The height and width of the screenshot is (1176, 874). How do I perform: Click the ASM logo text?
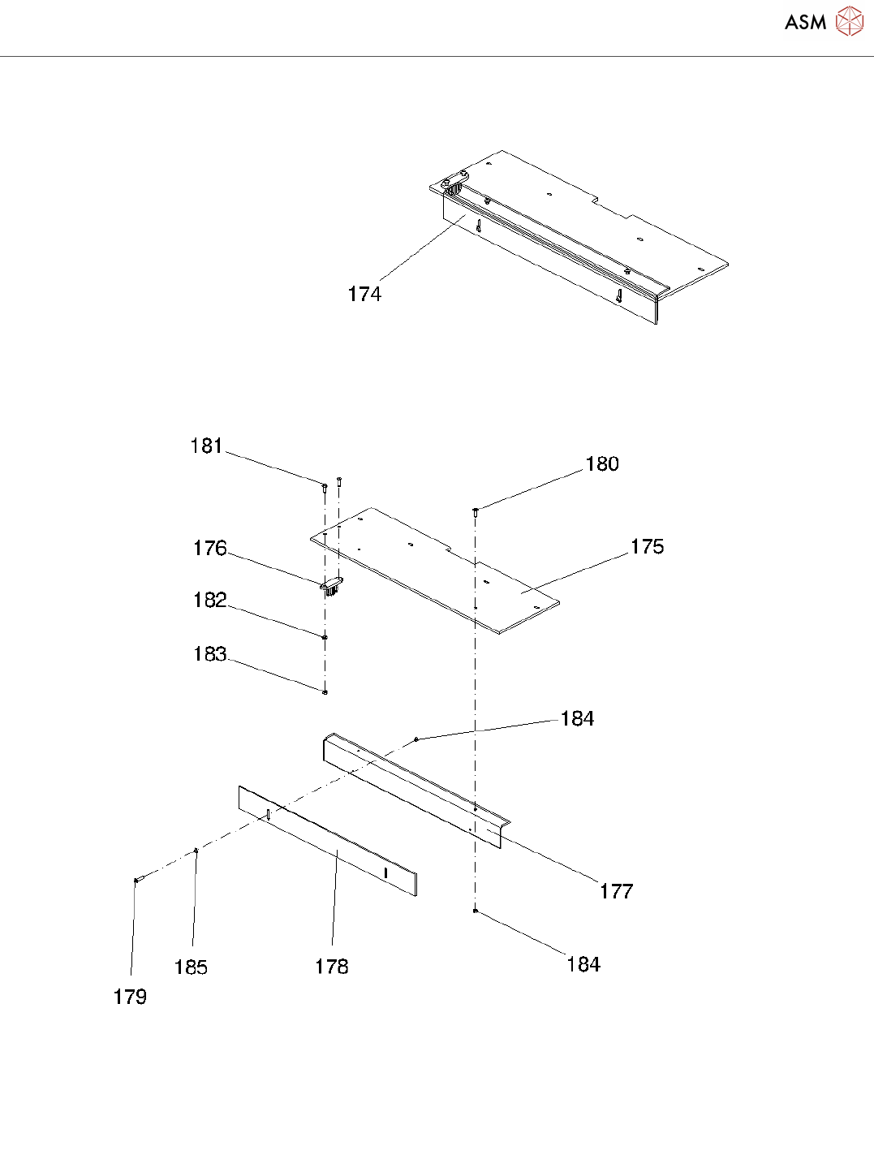tap(805, 23)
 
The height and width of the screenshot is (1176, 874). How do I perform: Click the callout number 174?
tap(364, 294)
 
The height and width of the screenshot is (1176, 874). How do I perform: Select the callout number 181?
tap(206, 446)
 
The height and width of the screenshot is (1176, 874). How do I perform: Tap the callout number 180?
tap(602, 463)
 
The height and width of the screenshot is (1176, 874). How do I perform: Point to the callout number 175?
tap(647, 546)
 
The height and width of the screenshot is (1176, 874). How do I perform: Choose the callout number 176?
tap(209, 548)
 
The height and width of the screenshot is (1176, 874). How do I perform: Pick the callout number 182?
tap(209, 600)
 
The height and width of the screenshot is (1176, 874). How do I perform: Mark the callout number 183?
tap(209, 653)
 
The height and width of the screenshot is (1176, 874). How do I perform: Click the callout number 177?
tap(616, 891)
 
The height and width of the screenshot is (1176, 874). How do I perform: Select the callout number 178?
tap(332, 966)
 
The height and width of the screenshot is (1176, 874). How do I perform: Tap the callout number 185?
tap(191, 967)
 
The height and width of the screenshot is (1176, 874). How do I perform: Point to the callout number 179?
tap(130, 997)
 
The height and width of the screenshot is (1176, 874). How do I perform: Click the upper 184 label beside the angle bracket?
tap(577, 718)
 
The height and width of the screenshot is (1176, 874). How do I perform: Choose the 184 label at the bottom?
tap(583, 964)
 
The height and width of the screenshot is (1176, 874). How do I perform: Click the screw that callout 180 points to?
tap(475, 510)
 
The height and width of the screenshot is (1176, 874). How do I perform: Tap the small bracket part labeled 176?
tap(331, 585)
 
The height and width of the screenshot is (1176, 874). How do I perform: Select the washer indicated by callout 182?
tap(325, 637)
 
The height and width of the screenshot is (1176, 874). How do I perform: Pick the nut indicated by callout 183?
tap(325, 691)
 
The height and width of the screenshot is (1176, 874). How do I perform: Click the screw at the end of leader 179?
tap(138, 879)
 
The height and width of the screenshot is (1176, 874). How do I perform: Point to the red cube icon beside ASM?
tap(850, 22)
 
